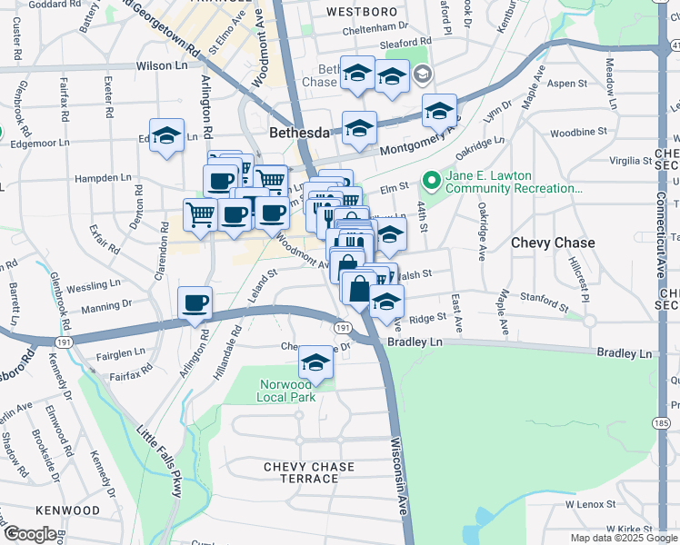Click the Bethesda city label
pos(299,133)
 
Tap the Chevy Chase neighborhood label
pos(553,243)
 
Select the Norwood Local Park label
pos(285,391)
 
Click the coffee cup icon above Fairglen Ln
pos(195,303)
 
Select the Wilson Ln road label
pos(161,66)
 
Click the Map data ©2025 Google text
pos(623,538)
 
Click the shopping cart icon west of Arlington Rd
pos(200,214)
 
